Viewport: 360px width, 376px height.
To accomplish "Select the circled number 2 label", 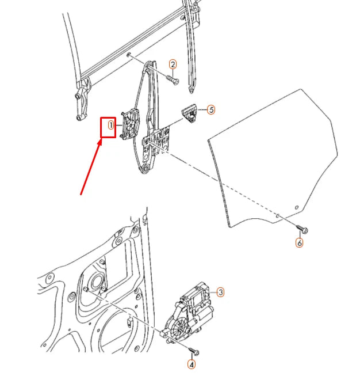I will (x=173, y=64).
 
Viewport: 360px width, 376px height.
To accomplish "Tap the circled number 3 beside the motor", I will (x=220, y=293).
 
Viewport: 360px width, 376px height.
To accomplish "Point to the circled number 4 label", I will (x=192, y=364).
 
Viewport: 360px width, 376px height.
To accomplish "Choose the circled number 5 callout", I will (x=211, y=109).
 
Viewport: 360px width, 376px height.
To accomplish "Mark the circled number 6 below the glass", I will (x=299, y=242).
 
